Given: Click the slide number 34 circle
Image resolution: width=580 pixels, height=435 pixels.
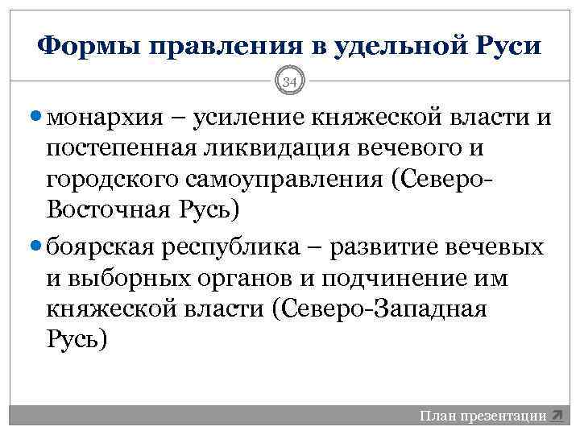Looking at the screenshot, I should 290,80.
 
